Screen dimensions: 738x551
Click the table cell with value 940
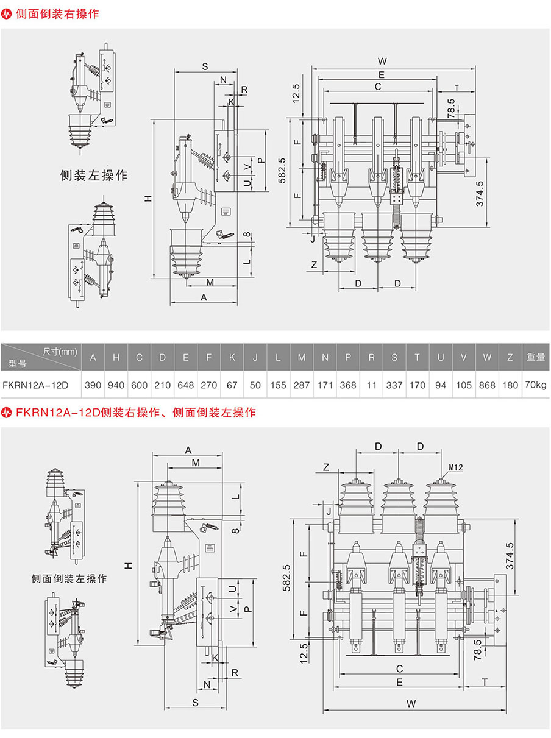pyautogui.click(x=116, y=385)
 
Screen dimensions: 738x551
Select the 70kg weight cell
pyautogui.click(x=535, y=385)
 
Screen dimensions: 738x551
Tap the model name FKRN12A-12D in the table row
pyautogui.click(x=35, y=385)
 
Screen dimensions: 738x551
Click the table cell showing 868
pyautogui.click(x=487, y=385)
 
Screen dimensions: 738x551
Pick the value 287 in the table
pyautogui.click(x=302, y=385)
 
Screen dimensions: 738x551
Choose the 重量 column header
pyautogui.click(x=536, y=357)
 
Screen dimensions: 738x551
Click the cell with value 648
pyautogui.click(x=186, y=385)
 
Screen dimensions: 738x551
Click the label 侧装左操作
pyautogui.click(x=94, y=176)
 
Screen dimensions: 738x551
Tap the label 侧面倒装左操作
pyautogui.click(x=69, y=578)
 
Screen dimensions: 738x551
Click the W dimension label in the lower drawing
pyautogui.click(x=411, y=703)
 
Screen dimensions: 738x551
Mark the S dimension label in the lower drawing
pyautogui.click(x=195, y=702)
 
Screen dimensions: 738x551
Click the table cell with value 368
pyautogui.click(x=348, y=385)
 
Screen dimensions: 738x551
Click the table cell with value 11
pyautogui.click(x=371, y=385)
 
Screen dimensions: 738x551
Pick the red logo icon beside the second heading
pyautogui.click(x=7, y=413)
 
